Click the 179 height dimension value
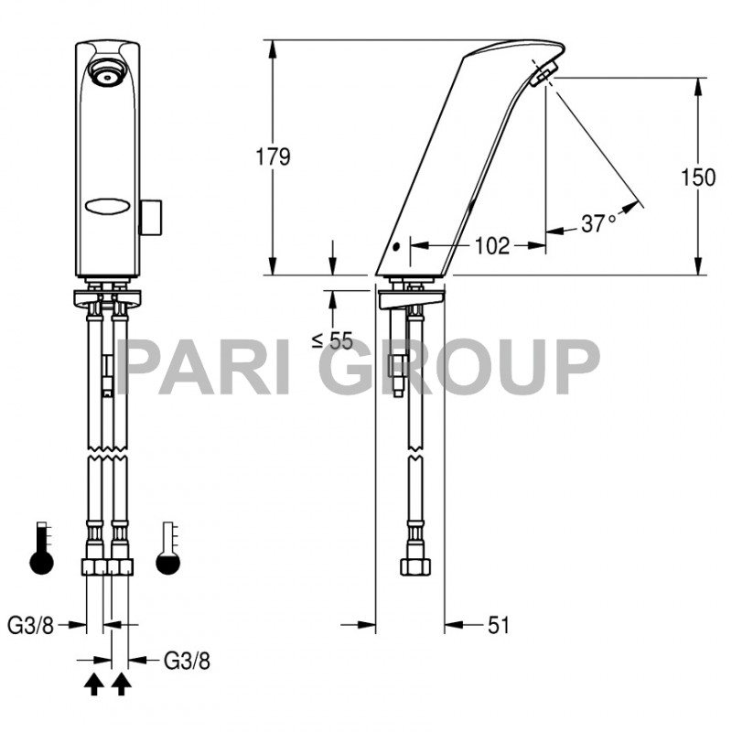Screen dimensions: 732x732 click(x=272, y=156)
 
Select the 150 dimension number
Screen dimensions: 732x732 click(x=698, y=177)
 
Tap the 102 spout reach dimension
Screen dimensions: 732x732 click(x=493, y=245)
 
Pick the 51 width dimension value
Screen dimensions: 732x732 click(x=498, y=625)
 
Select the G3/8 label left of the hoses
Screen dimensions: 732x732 click(x=31, y=626)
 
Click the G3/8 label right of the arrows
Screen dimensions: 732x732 click(x=187, y=659)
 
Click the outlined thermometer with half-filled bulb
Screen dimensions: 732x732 click(x=167, y=549)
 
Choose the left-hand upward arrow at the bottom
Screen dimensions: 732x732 click(x=92, y=684)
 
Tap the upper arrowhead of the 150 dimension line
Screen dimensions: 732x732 click(x=699, y=84)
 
